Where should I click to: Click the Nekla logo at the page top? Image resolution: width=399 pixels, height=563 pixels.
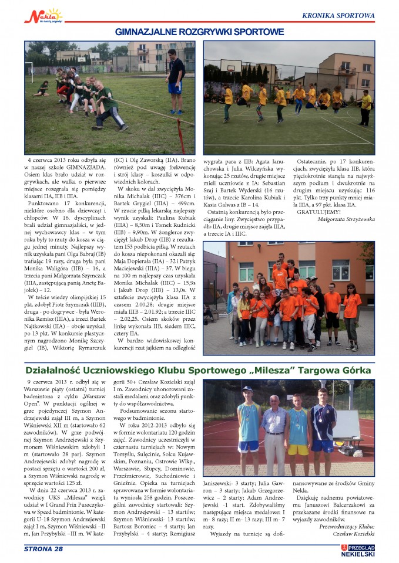pos(43,15)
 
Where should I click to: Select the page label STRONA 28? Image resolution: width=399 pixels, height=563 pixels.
pos(43,549)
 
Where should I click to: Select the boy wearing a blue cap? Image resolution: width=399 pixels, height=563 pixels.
pos(248,422)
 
